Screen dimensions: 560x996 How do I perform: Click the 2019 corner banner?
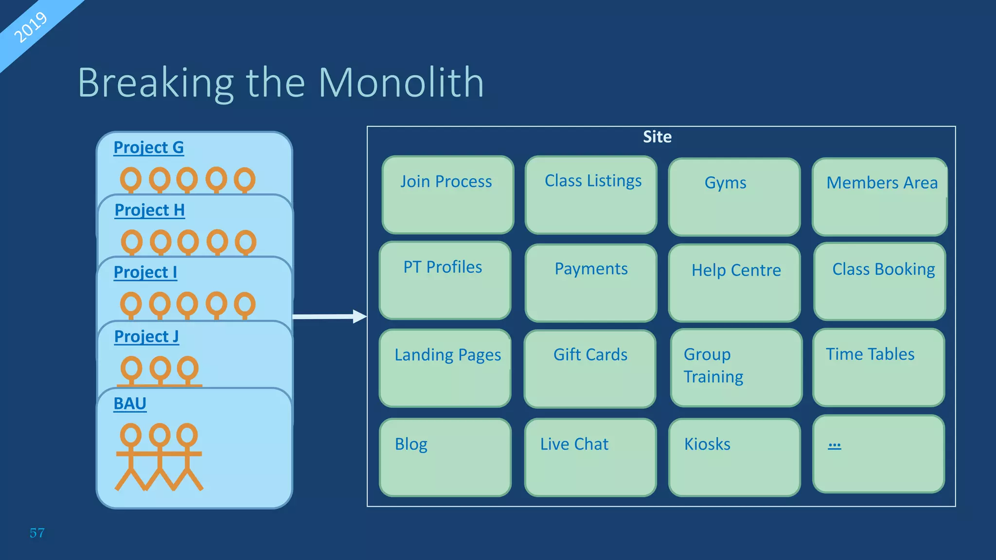30,27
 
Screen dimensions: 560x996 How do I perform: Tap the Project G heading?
148,147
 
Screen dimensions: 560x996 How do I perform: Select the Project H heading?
149,210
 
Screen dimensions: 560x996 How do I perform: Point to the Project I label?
145,272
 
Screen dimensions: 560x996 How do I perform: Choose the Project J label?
146,336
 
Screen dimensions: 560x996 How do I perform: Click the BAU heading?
130,403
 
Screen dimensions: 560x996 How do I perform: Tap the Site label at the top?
657,137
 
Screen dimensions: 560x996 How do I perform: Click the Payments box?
591,282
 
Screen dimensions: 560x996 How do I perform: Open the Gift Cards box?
590,368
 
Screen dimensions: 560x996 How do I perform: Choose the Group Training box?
735,367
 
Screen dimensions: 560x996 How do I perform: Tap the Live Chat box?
590,457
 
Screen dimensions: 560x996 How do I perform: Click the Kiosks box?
734,457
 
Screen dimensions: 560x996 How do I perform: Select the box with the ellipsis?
878,454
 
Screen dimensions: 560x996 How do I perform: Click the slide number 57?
37,533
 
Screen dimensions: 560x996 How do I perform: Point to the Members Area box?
879,196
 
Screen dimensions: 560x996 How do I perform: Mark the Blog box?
445,457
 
